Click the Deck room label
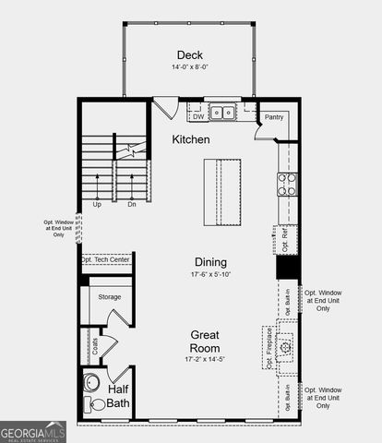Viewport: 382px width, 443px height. [x=190, y=54]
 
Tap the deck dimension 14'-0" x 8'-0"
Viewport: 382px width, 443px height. [x=190, y=66]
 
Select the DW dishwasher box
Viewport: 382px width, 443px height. [x=197, y=116]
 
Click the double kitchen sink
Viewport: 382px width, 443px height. [x=221, y=114]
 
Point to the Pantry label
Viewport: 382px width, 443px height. [x=274, y=117]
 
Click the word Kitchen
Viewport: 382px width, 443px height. [x=191, y=139]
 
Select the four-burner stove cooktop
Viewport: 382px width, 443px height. [x=287, y=185]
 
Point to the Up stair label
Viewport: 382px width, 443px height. [x=96, y=204]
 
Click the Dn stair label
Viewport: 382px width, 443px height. [x=132, y=204]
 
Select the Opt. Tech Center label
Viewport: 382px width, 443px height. [x=106, y=260]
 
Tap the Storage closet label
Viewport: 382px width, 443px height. [x=111, y=297]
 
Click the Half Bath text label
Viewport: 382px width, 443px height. [x=118, y=397]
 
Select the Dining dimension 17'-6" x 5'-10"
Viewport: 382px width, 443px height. [x=210, y=275]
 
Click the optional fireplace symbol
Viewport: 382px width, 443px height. [x=286, y=346]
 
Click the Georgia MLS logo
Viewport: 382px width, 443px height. [x=33, y=432]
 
